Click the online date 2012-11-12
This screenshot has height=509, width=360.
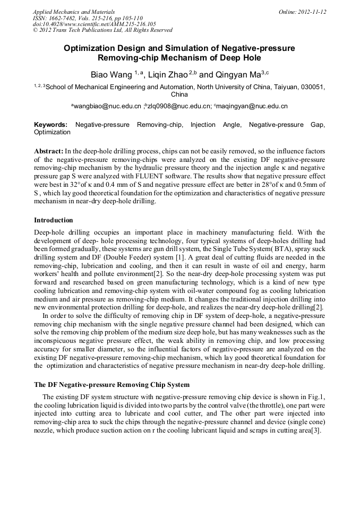(310, 12)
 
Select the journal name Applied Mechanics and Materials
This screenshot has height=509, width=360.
(74, 12)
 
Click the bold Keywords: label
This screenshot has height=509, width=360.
(51, 125)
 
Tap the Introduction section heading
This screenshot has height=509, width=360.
(54, 220)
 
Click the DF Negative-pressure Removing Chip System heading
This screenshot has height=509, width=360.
(112, 384)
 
